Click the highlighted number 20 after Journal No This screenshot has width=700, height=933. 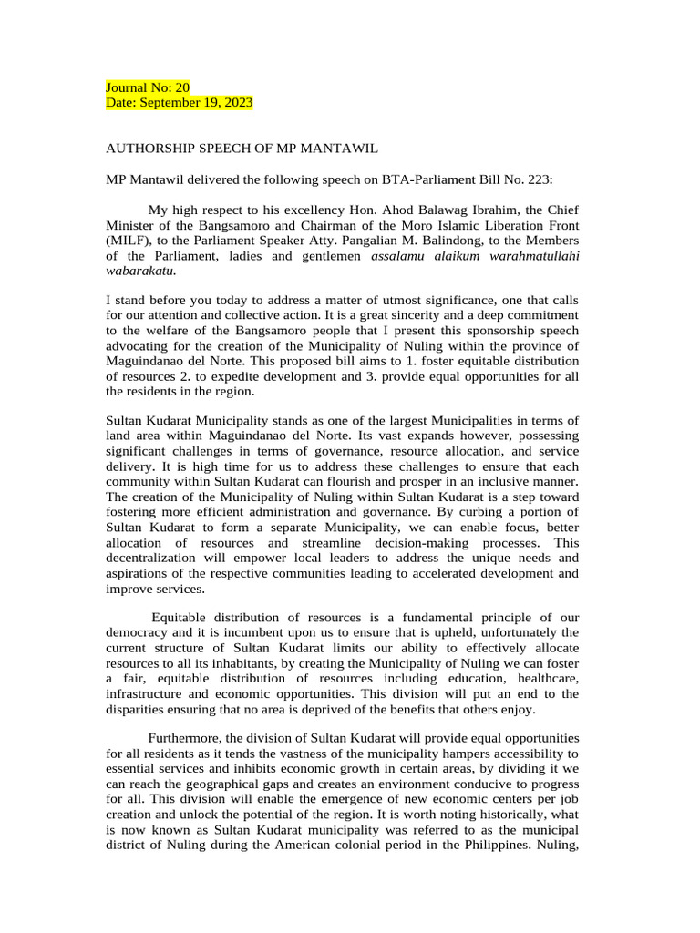pyautogui.click(x=182, y=87)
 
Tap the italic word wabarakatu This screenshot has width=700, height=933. pyautogui.click(x=140, y=272)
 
